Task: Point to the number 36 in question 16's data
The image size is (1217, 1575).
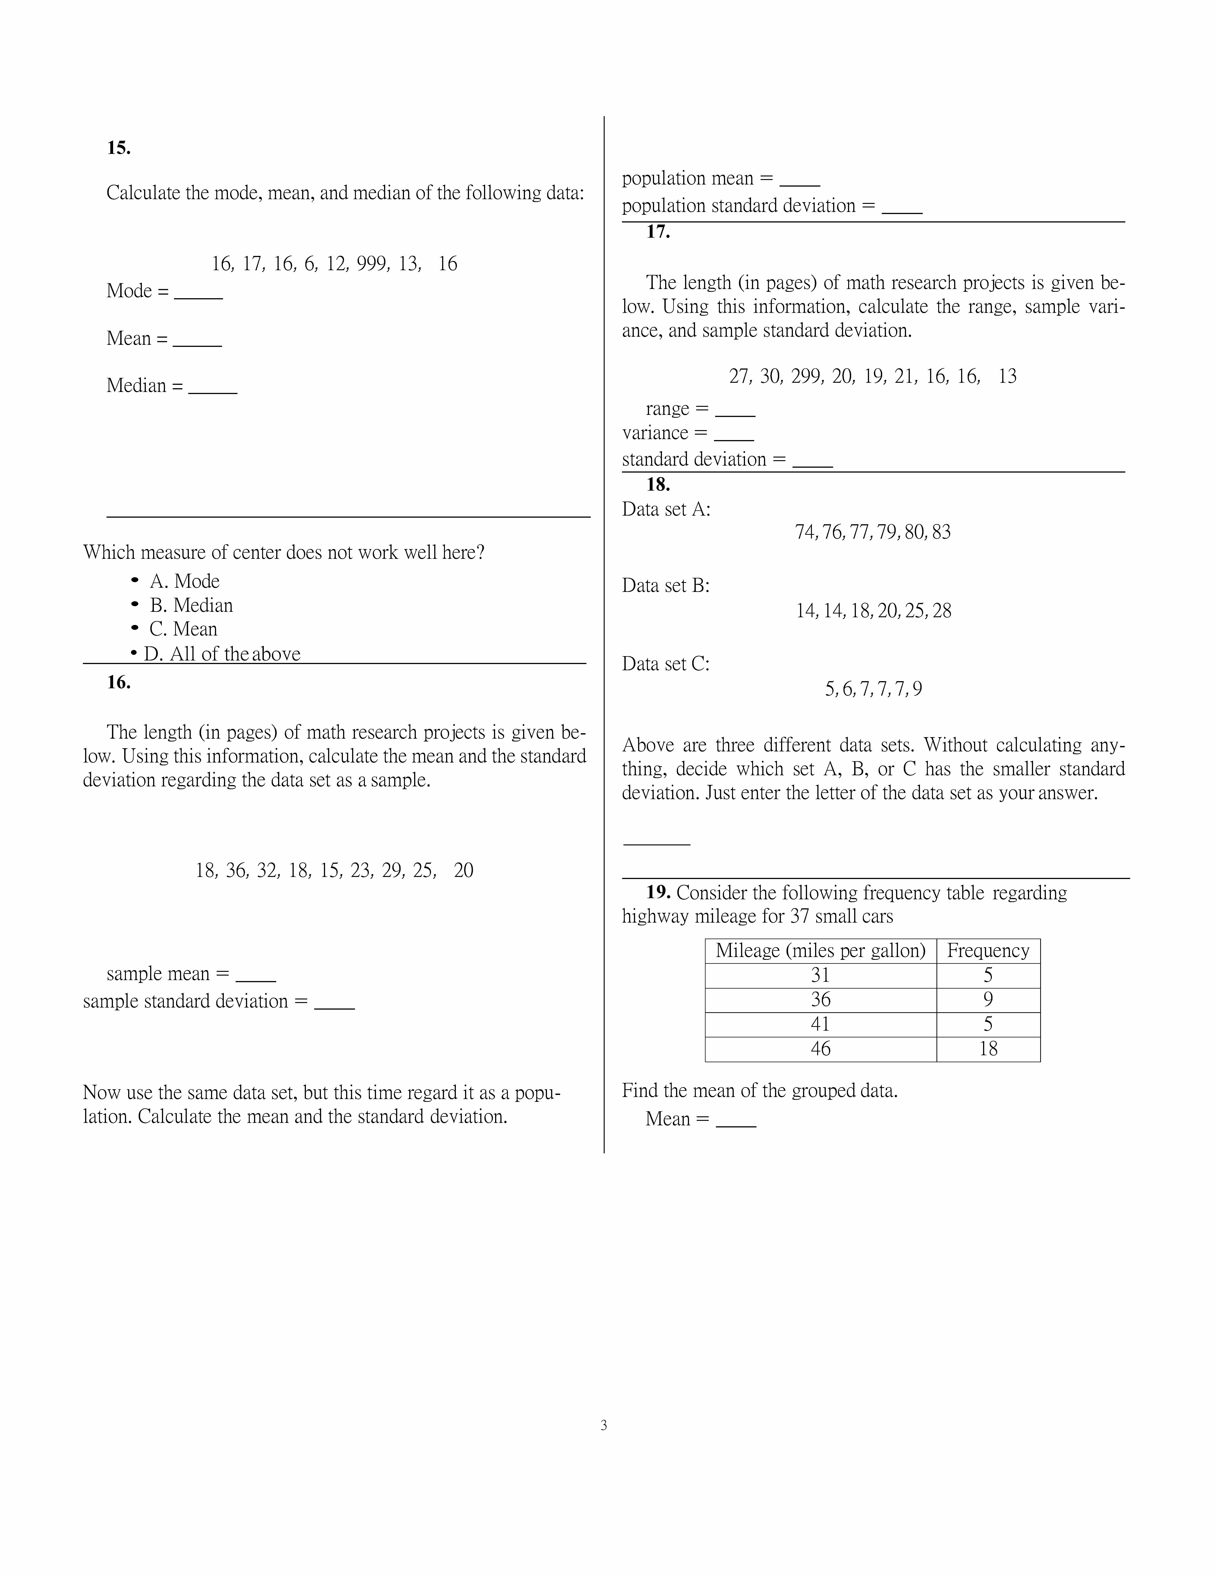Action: [x=237, y=870]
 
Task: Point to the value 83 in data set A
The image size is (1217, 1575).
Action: [x=941, y=532]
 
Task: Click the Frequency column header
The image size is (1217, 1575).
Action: [x=988, y=950]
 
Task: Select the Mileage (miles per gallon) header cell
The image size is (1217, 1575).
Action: [x=821, y=950]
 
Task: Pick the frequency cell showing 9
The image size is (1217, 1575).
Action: [x=988, y=999]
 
